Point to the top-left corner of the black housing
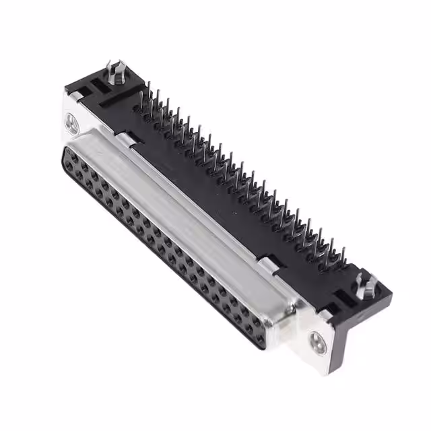(x=66, y=88)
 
